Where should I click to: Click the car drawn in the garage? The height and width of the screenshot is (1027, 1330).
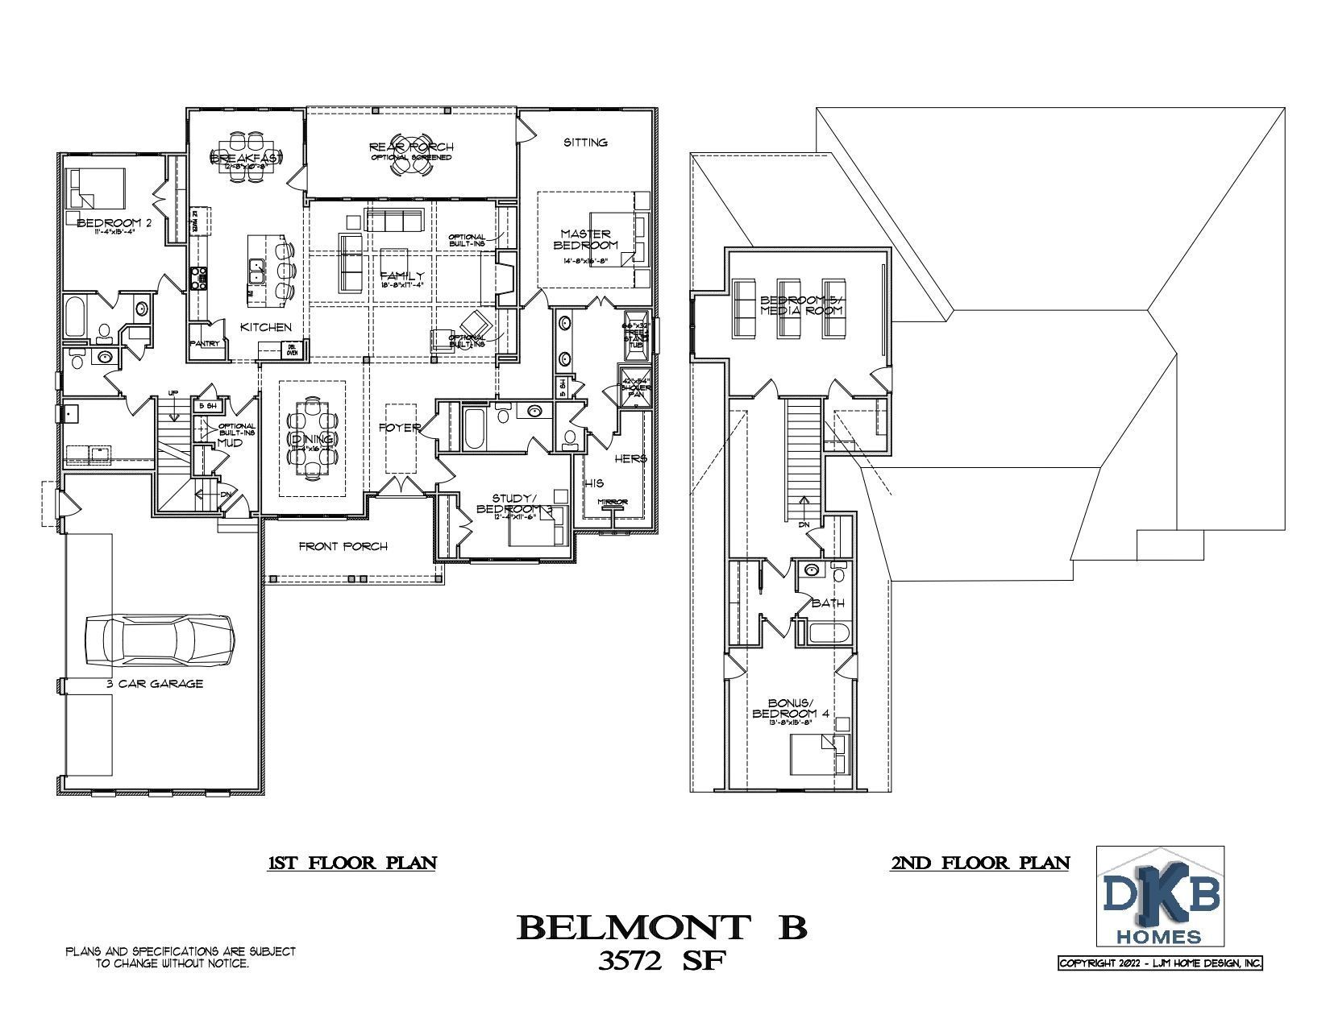[160, 640]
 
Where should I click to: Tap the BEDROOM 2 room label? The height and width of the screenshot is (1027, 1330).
[114, 222]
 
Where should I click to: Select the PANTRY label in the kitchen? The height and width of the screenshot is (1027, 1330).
[205, 343]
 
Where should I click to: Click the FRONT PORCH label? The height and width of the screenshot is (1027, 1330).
[343, 546]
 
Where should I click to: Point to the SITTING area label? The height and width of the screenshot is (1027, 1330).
[585, 143]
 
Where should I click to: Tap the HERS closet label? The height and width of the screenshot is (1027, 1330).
[631, 458]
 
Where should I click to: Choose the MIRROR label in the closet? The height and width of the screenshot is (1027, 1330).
[612, 503]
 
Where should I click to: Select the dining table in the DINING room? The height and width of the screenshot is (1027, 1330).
[313, 440]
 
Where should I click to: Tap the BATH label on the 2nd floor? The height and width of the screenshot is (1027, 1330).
[828, 603]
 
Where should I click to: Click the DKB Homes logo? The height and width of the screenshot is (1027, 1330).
[1161, 897]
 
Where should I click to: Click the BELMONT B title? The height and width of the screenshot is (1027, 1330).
[661, 927]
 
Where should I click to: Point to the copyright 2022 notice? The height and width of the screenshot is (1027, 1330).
[1160, 963]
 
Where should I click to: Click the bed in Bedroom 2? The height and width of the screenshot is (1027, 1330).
[98, 188]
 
